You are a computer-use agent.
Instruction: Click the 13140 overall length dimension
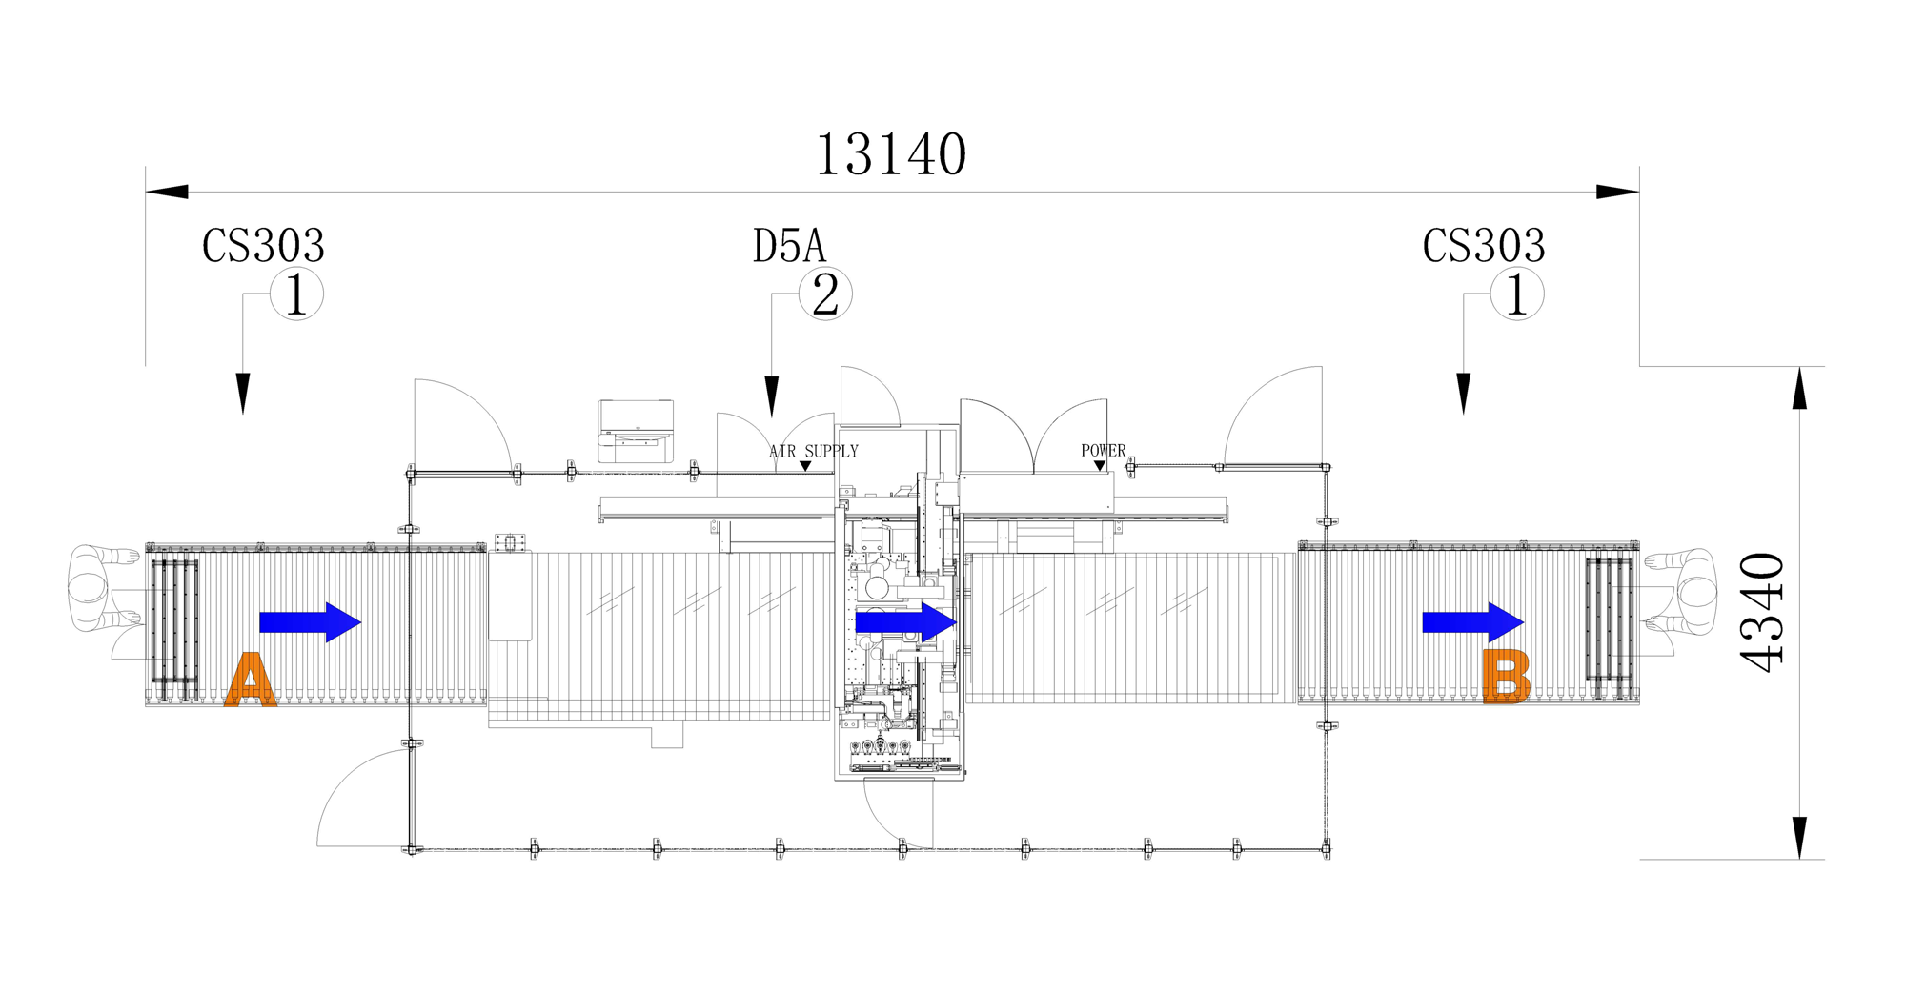pyautogui.click(x=891, y=155)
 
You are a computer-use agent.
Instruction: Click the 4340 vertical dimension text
pyautogui.click(x=1762, y=613)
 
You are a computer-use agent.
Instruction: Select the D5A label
pyautogui.click(x=789, y=246)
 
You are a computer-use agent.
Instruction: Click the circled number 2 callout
pyautogui.click(x=825, y=294)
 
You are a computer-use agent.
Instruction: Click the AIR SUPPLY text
pyautogui.click(x=814, y=451)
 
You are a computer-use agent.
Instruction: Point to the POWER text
pyautogui.click(x=1103, y=450)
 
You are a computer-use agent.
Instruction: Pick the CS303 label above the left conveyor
pyautogui.click(x=263, y=246)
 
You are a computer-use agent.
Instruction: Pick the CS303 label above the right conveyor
pyautogui.click(x=1484, y=246)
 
